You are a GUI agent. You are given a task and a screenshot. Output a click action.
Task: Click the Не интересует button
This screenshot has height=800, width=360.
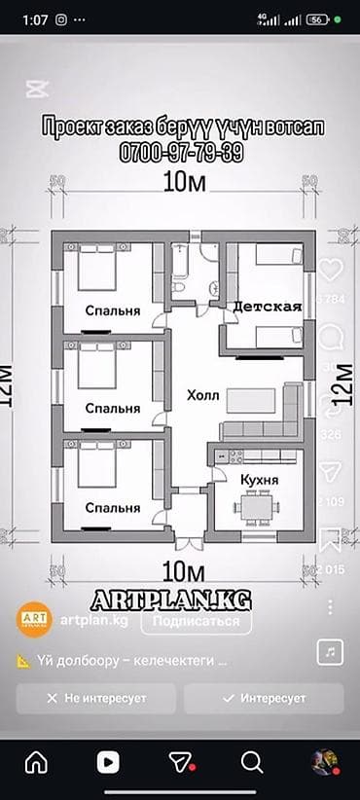95,698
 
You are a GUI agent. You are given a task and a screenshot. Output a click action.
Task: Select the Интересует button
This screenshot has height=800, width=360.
264,698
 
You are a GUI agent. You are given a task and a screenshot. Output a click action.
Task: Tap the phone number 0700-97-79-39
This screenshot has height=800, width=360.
181,154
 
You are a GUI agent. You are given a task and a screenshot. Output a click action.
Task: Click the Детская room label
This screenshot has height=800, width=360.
267,307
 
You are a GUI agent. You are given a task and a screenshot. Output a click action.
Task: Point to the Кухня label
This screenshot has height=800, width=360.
259,480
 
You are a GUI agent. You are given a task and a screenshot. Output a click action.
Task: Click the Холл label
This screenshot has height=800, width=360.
203,396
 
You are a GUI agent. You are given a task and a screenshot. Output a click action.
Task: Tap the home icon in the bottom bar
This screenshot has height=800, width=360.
36,760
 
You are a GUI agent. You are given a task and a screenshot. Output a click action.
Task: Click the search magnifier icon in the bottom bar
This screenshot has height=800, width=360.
251,760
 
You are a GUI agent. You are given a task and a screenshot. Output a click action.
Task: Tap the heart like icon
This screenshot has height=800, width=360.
331,270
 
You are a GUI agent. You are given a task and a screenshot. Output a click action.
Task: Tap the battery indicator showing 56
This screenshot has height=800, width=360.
317,18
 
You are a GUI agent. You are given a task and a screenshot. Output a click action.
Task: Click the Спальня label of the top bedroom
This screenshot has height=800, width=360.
112,311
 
